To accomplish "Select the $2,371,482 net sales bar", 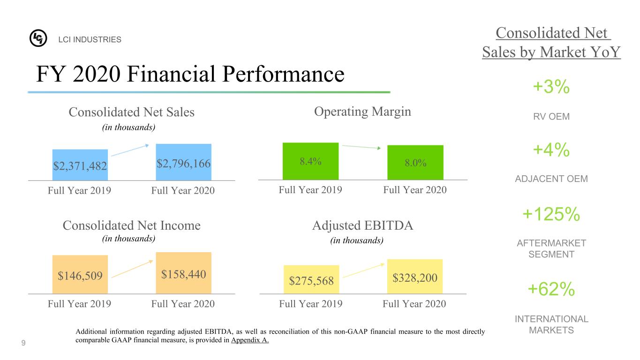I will (80, 165).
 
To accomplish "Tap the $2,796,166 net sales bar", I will (184, 162).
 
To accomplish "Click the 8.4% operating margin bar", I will (310, 161).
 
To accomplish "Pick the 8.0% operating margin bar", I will (415, 163).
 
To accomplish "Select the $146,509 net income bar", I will (80, 275).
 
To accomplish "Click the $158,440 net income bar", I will (184, 273).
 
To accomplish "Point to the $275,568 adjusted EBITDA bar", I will (311, 279).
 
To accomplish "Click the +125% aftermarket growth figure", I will (551, 215).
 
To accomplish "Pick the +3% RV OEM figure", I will (551, 87).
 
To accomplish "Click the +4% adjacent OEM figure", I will (551, 150).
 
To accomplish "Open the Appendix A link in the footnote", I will (250, 340).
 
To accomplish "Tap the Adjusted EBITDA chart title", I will (362, 226).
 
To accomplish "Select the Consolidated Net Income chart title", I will (131, 226).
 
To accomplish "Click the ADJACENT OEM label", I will (551, 179).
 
